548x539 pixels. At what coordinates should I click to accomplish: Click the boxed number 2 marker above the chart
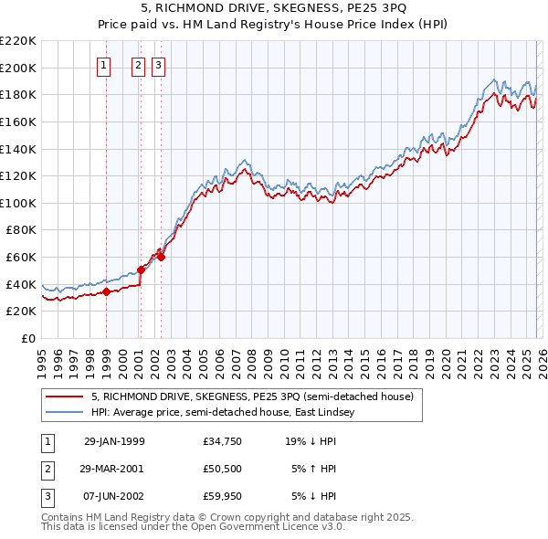click(x=138, y=65)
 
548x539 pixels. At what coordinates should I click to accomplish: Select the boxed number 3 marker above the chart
click(x=158, y=65)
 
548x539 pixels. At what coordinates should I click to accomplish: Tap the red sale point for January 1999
click(x=107, y=291)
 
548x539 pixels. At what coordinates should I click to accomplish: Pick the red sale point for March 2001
click(x=142, y=269)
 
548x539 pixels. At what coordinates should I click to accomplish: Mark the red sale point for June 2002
click(x=161, y=257)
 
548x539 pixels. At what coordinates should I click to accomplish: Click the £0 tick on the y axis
click(x=29, y=338)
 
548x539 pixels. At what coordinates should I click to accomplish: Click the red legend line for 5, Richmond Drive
click(x=64, y=397)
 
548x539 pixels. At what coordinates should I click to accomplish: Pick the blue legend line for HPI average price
click(x=64, y=413)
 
